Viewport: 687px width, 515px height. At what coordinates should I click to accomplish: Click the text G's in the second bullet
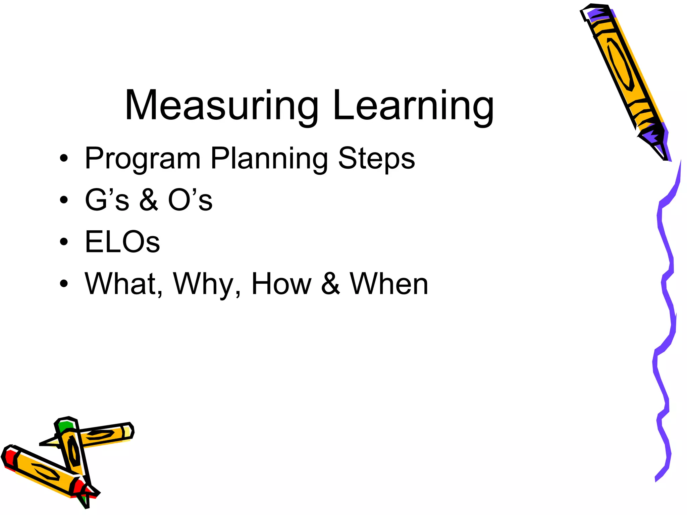coord(107,199)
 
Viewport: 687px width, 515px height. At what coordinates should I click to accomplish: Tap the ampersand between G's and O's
coord(149,200)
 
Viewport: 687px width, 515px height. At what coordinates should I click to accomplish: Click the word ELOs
coord(122,241)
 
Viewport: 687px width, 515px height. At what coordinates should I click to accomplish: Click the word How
coord(281,284)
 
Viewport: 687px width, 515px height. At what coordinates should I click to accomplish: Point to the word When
coord(389,284)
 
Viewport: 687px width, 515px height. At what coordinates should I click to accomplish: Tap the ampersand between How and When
coord(330,284)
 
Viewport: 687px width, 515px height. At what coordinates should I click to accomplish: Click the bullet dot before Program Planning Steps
coord(64,158)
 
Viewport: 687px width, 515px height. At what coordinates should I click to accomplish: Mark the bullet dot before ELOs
coord(64,242)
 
